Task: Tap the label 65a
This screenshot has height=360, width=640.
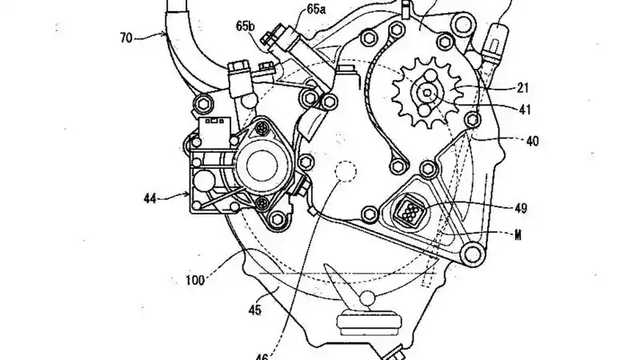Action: pyautogui.click(x=295, y=10)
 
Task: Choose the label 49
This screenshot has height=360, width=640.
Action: pyautogui.click(x=521, y=210)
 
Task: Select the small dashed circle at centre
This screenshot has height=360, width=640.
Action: pyautogui.click(x=346, y=174)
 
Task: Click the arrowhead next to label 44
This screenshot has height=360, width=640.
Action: pyautogui.click(x=186, y=194)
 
